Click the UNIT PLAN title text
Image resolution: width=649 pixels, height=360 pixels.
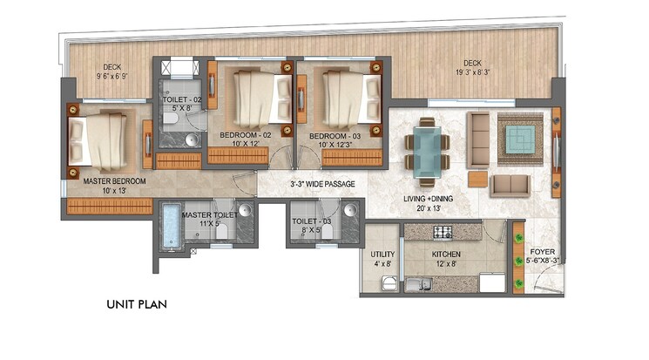tap(137, 305)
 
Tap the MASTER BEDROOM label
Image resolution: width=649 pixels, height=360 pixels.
tap(114, 182)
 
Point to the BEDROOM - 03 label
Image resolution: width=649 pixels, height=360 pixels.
tap(336, 135)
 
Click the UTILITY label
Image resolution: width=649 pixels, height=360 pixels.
tap(382, 255)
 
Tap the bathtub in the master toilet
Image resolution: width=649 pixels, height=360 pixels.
tap(170, 228)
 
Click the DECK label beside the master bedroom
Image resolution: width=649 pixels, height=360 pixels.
tap(111, 66)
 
